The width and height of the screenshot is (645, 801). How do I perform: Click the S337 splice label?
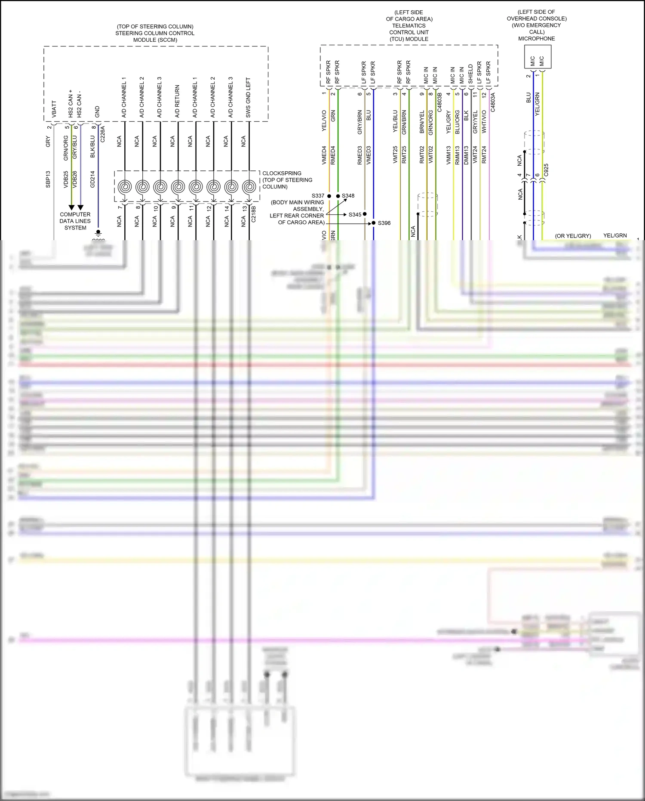318,196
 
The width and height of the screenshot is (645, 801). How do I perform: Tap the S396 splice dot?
374,223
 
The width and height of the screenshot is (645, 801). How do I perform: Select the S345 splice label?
355,214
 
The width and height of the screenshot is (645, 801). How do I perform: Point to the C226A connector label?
102,134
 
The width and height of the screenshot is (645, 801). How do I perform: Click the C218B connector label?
253,214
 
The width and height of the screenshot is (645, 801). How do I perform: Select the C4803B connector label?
439,102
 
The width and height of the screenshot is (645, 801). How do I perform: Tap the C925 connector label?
546,170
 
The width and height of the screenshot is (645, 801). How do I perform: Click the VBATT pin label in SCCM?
54,109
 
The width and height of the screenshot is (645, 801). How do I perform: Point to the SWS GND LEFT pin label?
248,98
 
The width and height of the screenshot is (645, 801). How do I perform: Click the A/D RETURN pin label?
177,101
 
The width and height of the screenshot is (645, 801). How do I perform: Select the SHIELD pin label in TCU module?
470,74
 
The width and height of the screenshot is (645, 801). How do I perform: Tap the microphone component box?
537,57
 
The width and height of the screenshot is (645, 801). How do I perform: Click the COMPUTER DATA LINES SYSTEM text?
75,221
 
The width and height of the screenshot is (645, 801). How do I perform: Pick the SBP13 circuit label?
48,179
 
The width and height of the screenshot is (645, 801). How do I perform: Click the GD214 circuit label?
92,179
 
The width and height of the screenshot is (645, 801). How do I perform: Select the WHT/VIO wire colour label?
484,121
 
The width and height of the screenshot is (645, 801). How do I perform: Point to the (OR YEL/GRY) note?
573,236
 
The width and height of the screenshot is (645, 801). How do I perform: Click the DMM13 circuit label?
466,155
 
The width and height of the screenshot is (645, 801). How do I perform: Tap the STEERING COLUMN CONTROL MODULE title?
155,33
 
